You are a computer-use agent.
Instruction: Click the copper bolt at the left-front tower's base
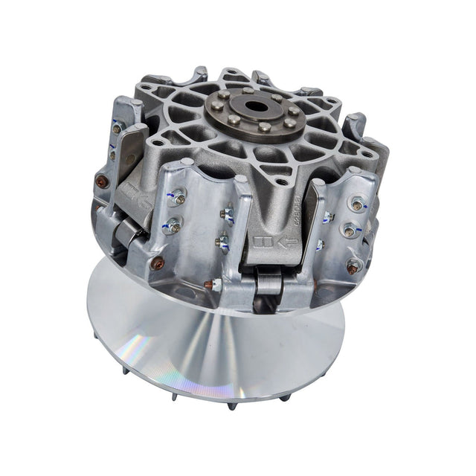click(158, 263)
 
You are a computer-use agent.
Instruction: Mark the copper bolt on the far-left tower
click(103, 181)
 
